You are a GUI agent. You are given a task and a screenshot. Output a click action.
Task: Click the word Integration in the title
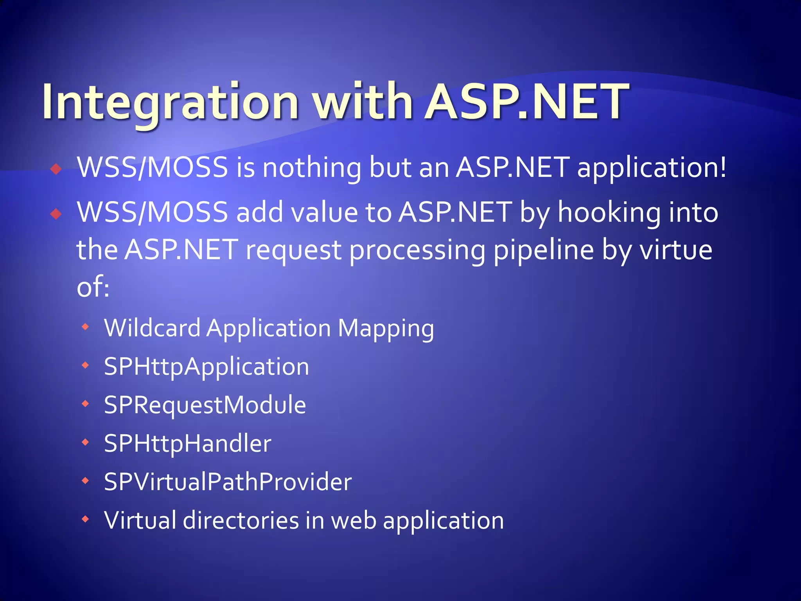click(x=170, y=103)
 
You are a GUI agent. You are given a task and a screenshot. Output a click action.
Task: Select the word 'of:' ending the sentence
click(x=93, y=288)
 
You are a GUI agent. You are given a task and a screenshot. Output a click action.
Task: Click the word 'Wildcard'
click(x=152, y=328)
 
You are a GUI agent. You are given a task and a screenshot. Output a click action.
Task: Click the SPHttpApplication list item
click(x=207, y=367)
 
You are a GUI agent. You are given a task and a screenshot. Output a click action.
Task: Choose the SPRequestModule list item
click(x=205, y=405)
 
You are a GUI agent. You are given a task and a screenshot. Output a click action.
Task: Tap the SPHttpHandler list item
click(x=188, y=443)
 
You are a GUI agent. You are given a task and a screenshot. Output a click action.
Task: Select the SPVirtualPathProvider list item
click(x=228, y=482)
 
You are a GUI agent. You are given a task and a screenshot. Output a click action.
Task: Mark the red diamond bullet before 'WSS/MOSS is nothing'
click(x=56, y=169)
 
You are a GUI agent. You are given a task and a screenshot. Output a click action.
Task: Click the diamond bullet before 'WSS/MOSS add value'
click(x=56, y=214)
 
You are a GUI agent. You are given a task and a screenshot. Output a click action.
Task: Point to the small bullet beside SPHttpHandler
click(x=85, y=443)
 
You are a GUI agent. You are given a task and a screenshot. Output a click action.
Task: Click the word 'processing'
click(x=417, y=251)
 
